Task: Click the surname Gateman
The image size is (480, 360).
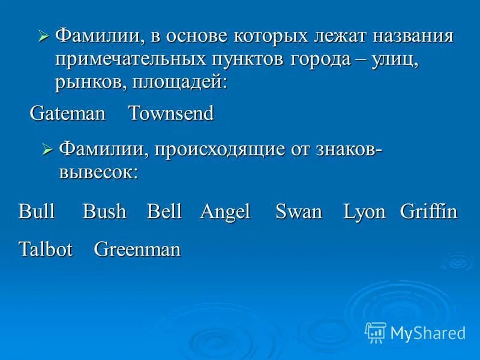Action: click(68, 113)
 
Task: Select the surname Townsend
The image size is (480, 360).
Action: click(171, 113)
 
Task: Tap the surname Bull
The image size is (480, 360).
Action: click(37, 211)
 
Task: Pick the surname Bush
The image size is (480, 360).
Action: click(104, 211)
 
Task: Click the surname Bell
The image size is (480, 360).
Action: click(164, 211)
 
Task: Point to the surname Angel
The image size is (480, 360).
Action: click(225, 212)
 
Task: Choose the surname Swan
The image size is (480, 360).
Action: click(299, 211)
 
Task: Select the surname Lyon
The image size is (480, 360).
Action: click(364, 212)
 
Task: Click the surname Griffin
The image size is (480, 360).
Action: click(428, 211)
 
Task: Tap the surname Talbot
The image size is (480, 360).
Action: click(46, 249)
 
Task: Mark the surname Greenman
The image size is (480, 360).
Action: click(137, 249)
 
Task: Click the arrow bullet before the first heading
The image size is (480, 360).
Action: click(43, 37)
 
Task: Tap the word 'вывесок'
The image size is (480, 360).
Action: click(98, 172)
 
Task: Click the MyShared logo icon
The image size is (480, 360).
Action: click(376, 332)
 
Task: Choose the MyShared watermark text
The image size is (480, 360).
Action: click(428, 332)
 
